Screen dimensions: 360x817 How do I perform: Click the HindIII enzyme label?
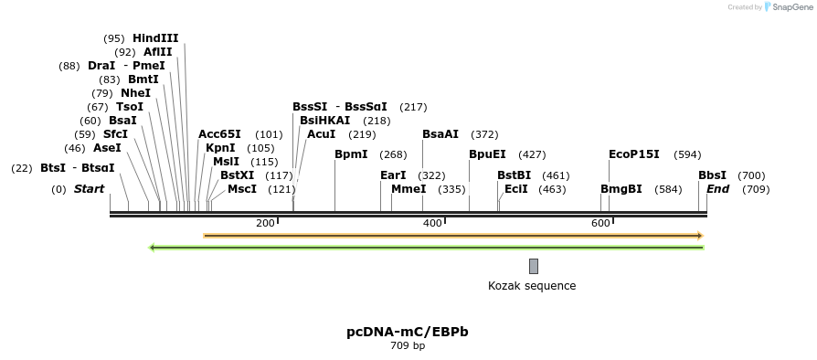[x=155, y=38]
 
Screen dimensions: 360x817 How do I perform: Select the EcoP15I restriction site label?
[x=633, y=154]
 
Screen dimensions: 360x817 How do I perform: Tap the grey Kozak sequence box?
[x=534, y=266]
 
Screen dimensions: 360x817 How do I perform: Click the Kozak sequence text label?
[x=532, y=286]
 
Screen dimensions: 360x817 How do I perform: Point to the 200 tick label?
[x=265, y=223]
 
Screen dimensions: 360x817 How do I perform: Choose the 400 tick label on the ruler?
[x=432, y=223]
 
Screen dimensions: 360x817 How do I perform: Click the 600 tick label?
[x=600, y=223]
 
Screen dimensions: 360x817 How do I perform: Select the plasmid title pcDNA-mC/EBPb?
[x=408, y=332]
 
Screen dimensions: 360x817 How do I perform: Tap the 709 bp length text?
[x=408, y=346]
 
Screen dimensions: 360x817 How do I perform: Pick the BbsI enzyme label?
[x=712, y=175]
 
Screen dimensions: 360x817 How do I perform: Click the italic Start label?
[x=89, y=189]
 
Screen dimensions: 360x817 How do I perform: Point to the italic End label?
[x=717, y=189]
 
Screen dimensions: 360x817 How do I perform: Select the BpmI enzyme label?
[x=351, y=154]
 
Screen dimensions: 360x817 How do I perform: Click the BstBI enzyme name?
[x=514, y=175]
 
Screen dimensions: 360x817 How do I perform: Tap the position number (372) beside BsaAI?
[x=484, y=134]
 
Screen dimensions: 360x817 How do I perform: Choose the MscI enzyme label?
[x=241, y=189]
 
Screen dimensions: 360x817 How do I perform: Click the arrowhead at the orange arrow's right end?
[x=699, y=236]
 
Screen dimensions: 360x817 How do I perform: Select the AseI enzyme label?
[x=107, y=148]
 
